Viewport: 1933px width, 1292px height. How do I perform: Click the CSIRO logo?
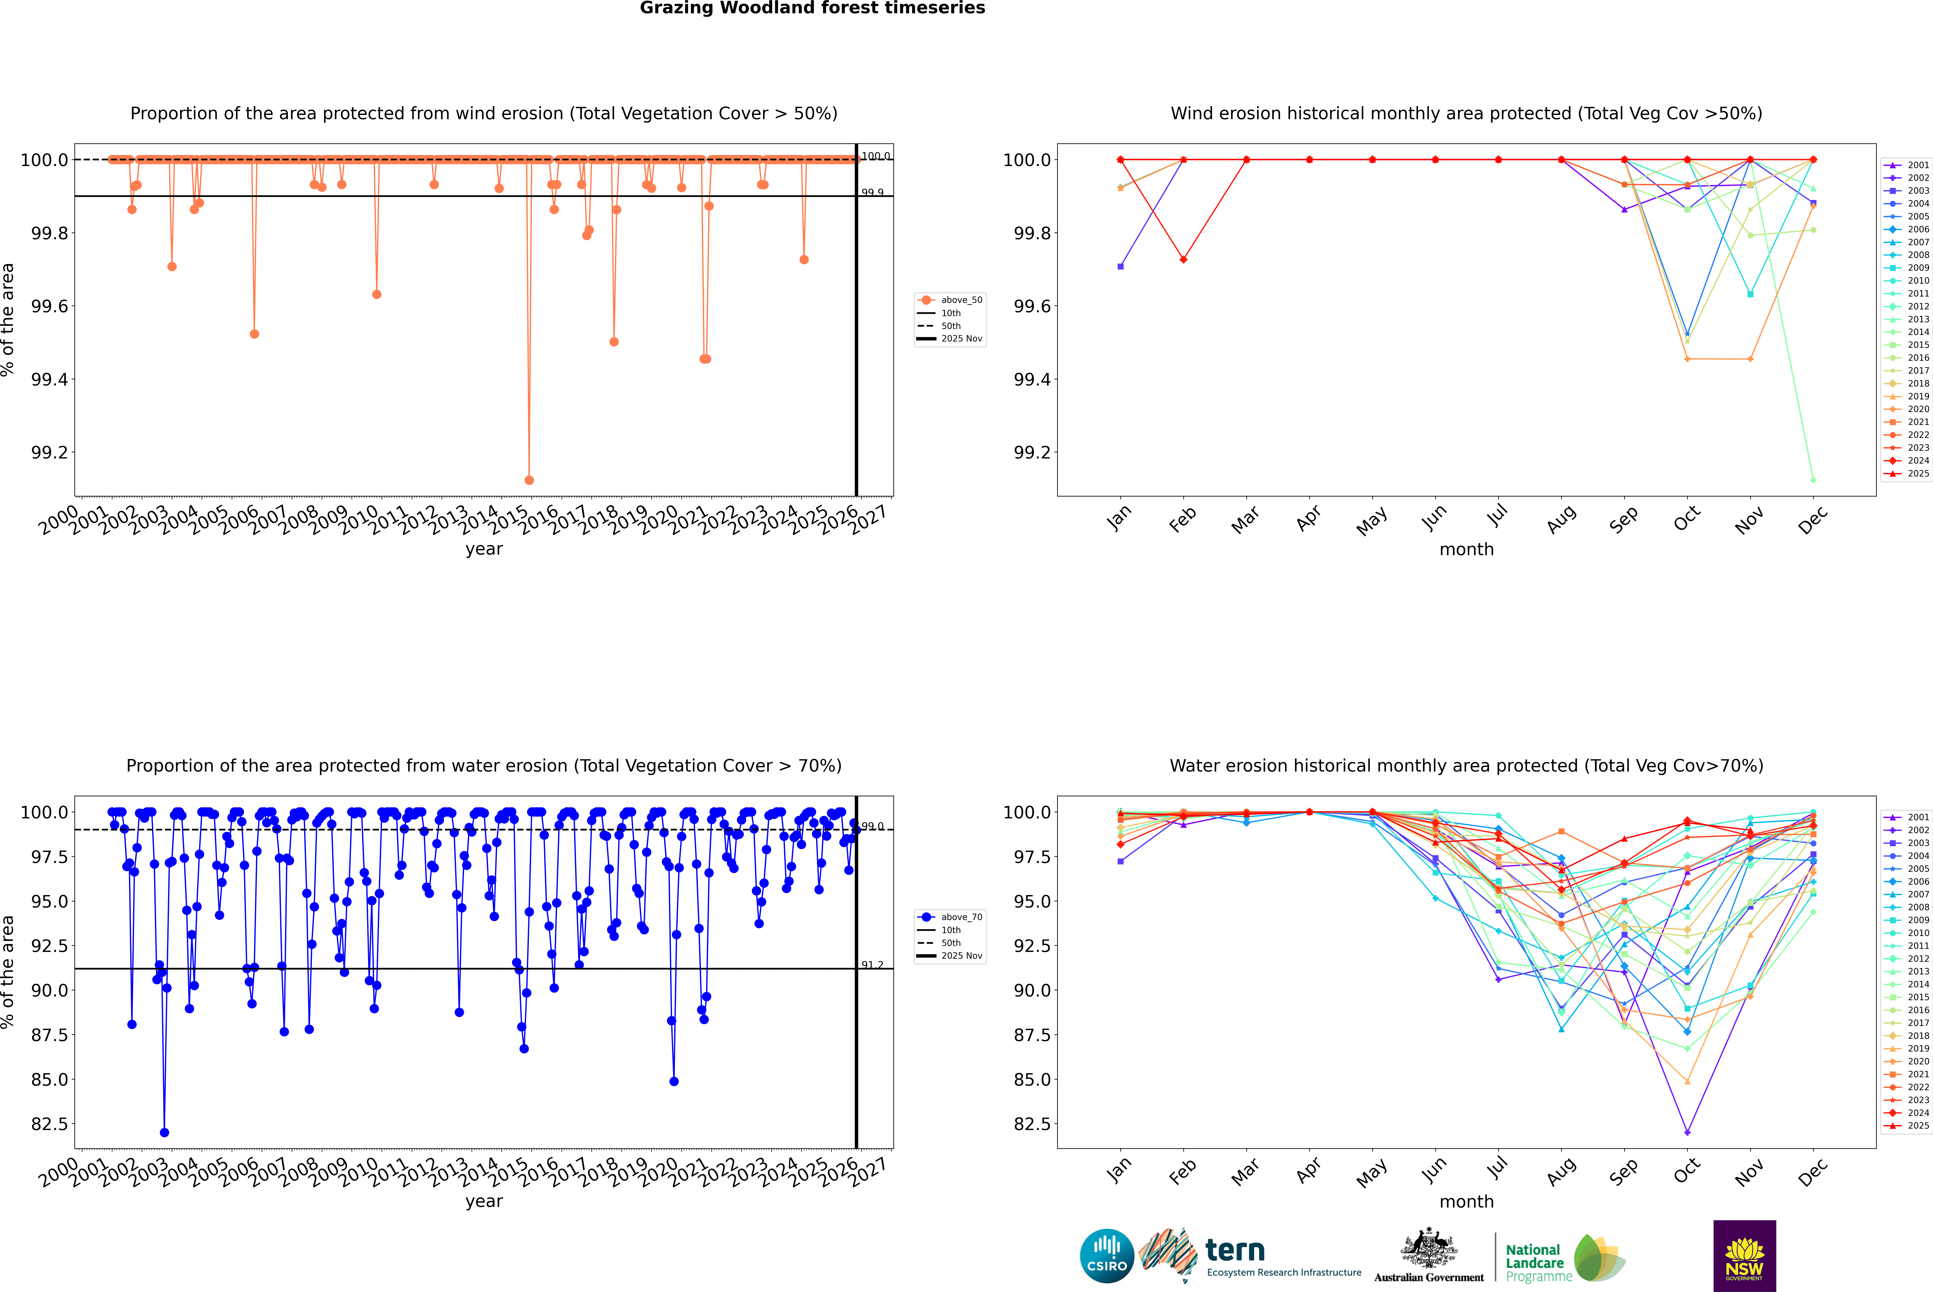click(x=1107, y=1256)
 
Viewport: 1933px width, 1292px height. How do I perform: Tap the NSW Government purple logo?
click(x=1744, y=1256)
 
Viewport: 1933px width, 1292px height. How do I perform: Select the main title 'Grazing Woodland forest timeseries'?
click(x=812, y=8)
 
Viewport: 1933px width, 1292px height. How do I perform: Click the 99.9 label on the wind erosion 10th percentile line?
click(x=872, y=193)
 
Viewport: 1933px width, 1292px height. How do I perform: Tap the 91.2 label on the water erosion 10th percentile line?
click(x=872, y=965)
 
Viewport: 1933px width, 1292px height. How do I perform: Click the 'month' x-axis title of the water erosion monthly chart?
click(x=1466, y=1201)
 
